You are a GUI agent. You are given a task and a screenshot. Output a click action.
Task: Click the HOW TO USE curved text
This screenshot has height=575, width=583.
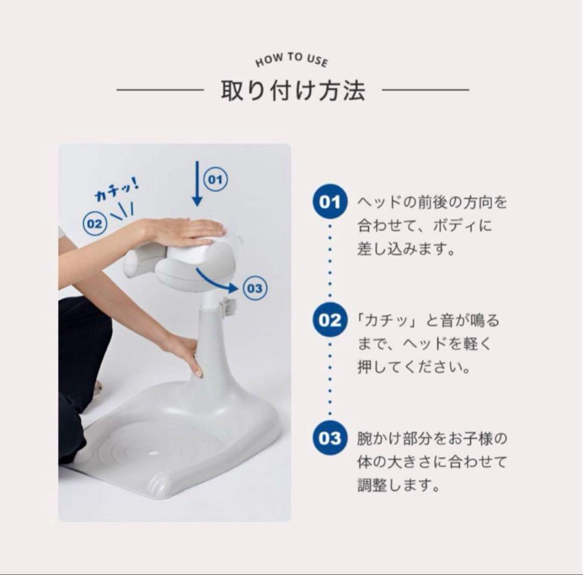(291, 59)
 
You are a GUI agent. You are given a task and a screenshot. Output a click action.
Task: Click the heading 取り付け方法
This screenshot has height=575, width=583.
(293, 90)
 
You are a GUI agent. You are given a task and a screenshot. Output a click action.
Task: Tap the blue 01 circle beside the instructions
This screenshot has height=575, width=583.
(330, 203)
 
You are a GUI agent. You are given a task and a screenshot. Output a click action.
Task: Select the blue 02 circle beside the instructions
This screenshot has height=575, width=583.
(330, 321)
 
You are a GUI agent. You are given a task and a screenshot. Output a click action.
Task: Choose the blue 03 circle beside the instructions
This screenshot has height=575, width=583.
(330, 438)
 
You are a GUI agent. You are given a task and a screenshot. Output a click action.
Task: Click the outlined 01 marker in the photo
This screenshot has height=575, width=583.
(215, 180)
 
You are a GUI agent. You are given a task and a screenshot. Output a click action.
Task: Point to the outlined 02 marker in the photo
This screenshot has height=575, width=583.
(94, 224)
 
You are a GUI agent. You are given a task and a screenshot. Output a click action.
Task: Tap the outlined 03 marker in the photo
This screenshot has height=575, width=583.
(254, 288)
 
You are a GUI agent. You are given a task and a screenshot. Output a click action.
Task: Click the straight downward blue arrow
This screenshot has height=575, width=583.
(197, 184)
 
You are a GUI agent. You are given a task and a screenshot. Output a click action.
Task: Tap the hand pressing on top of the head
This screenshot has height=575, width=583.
(186, 231)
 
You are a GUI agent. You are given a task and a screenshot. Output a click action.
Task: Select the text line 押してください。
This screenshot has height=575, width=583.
(413, 368)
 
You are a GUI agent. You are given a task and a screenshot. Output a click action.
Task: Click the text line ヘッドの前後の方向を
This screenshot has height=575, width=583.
(432, 203)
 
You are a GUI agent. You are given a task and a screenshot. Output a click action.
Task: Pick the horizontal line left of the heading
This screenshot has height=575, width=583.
(160, 90)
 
